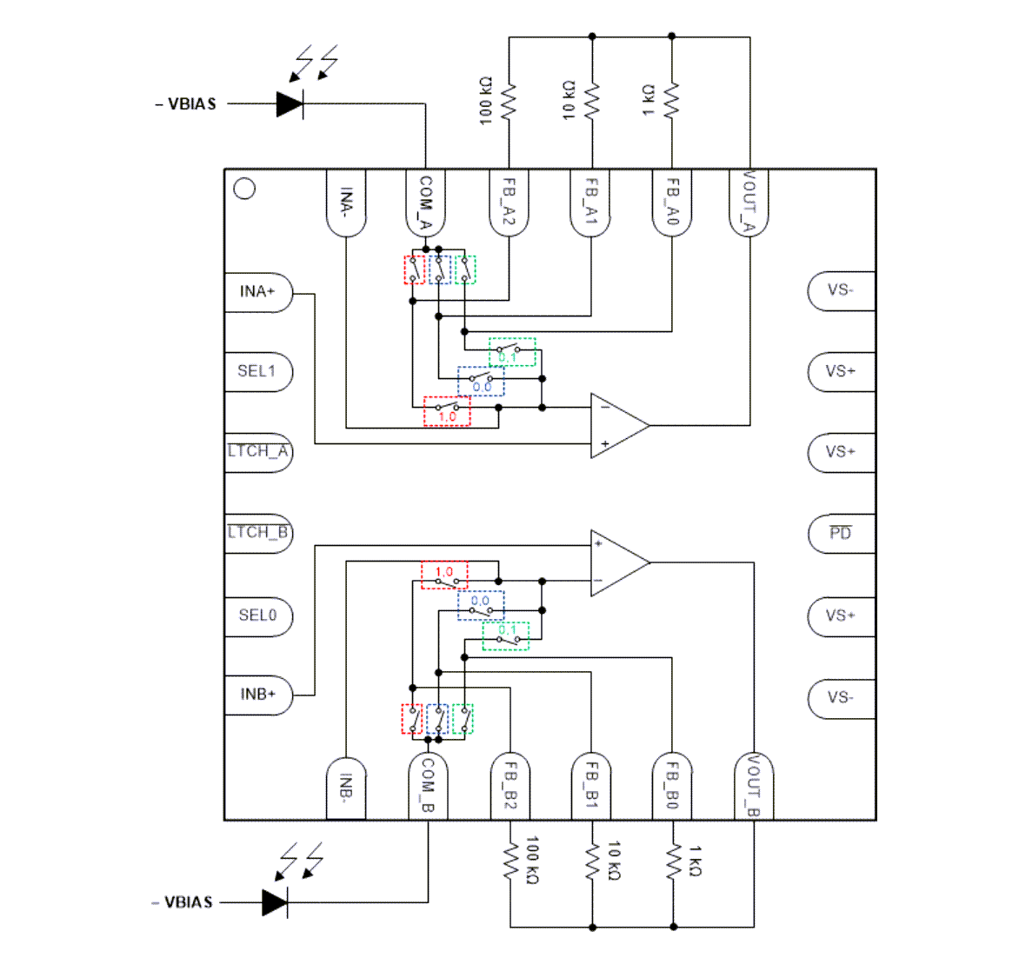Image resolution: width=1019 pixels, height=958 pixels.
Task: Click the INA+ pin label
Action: pyautogui.click(x=257, y=291)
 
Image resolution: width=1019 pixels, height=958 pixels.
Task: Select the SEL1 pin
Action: pyautogui.click(x=256, y=371)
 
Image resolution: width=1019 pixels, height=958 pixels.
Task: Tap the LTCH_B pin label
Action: pyautogui.click(x=258, y=532)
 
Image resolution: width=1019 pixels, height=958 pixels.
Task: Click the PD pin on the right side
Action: pyautogui.click(x=840, y=533)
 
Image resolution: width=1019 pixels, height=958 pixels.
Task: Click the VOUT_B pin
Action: pyautogui.click(x=753, y=787)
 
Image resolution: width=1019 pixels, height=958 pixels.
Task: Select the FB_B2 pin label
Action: pyautogui.click(x=509, y=787)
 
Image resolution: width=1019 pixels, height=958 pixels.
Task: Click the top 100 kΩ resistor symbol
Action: pyautogui.click(x=509, y=102)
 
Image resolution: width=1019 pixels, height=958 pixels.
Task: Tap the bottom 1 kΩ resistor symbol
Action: pyautogui.click(x=673, y=862)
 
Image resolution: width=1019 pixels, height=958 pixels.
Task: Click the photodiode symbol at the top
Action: pyautogui.click(x=290, y=104)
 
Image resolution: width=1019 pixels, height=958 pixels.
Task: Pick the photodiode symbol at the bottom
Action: pyautogui.click(x=276, y=902)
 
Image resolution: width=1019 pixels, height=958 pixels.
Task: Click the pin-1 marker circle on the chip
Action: pyautogui.click(x=245, y=189)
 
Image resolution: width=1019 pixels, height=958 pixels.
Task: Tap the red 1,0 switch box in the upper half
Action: pyautogui.click(x=447, y=411)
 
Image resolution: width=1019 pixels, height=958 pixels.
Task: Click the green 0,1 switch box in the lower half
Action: pyautogui.click(x=506, y=636)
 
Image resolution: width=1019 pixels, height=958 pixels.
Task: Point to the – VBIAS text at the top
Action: pyautogui.click(x=185, y=104)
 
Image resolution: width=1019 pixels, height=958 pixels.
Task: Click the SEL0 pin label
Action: pyautogui.click(x=257, y=615)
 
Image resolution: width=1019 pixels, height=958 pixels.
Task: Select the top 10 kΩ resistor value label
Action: pyautogui.click(x=569, y=100)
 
